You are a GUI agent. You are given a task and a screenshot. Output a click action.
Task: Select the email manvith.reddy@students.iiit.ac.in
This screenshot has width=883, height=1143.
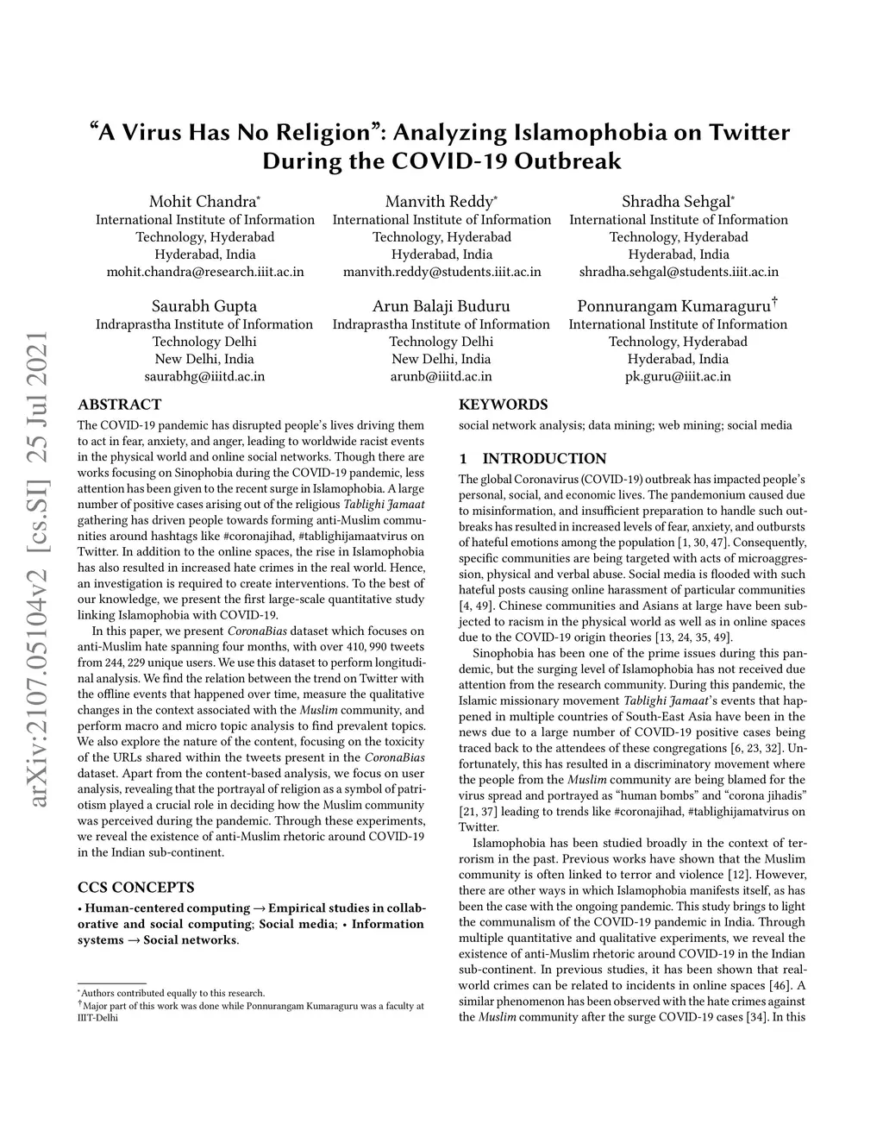tap(441, 272)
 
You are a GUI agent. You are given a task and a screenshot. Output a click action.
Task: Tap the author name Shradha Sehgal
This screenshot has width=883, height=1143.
tap(676, 202)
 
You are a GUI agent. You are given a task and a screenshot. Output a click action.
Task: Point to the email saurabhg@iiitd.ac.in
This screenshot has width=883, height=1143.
tap(204, 376)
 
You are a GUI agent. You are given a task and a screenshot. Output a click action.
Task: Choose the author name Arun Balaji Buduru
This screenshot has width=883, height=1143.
tap(441, 306)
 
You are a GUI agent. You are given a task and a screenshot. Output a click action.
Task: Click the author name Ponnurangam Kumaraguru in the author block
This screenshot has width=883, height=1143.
tap(673, 306)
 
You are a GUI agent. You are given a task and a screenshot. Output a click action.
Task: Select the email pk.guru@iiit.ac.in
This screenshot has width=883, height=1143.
tap(679, 376)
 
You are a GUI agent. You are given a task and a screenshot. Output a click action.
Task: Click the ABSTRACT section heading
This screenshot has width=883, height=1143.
tap(119, 404)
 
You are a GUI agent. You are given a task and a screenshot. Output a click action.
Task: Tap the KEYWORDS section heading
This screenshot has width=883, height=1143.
tap(503, 404)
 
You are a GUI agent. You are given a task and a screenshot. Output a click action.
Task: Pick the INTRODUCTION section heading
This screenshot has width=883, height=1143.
tap(544, 458)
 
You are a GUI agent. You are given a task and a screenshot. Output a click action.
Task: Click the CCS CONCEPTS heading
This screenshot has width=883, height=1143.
tap(135, 887)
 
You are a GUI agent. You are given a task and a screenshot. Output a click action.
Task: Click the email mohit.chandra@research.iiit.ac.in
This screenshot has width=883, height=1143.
tap(204, 272)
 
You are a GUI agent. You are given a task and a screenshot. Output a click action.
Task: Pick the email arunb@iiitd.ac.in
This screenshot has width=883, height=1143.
tap(441, 376)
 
